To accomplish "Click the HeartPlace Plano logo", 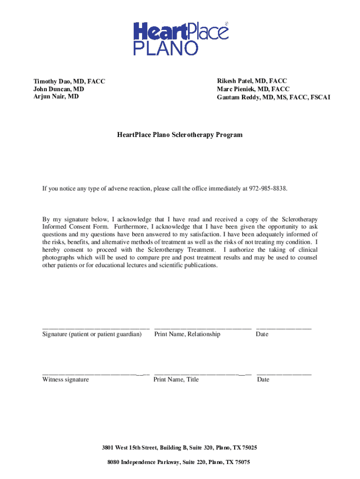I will (181, 38).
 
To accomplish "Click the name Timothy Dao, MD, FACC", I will (69, 81).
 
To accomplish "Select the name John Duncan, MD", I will (59, 89).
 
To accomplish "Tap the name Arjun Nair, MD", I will (56, 96).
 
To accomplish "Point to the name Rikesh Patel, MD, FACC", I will (252, 81).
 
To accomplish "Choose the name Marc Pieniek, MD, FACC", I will (253, 89).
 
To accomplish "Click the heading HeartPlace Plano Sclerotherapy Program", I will (180, 135).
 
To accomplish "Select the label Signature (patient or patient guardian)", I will (92, 334).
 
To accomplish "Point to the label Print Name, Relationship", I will (187, 334).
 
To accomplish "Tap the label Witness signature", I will (65, 379).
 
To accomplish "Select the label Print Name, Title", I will (176, 379).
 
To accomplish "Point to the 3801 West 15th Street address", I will (180, 448).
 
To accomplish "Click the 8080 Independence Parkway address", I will (179, 462).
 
